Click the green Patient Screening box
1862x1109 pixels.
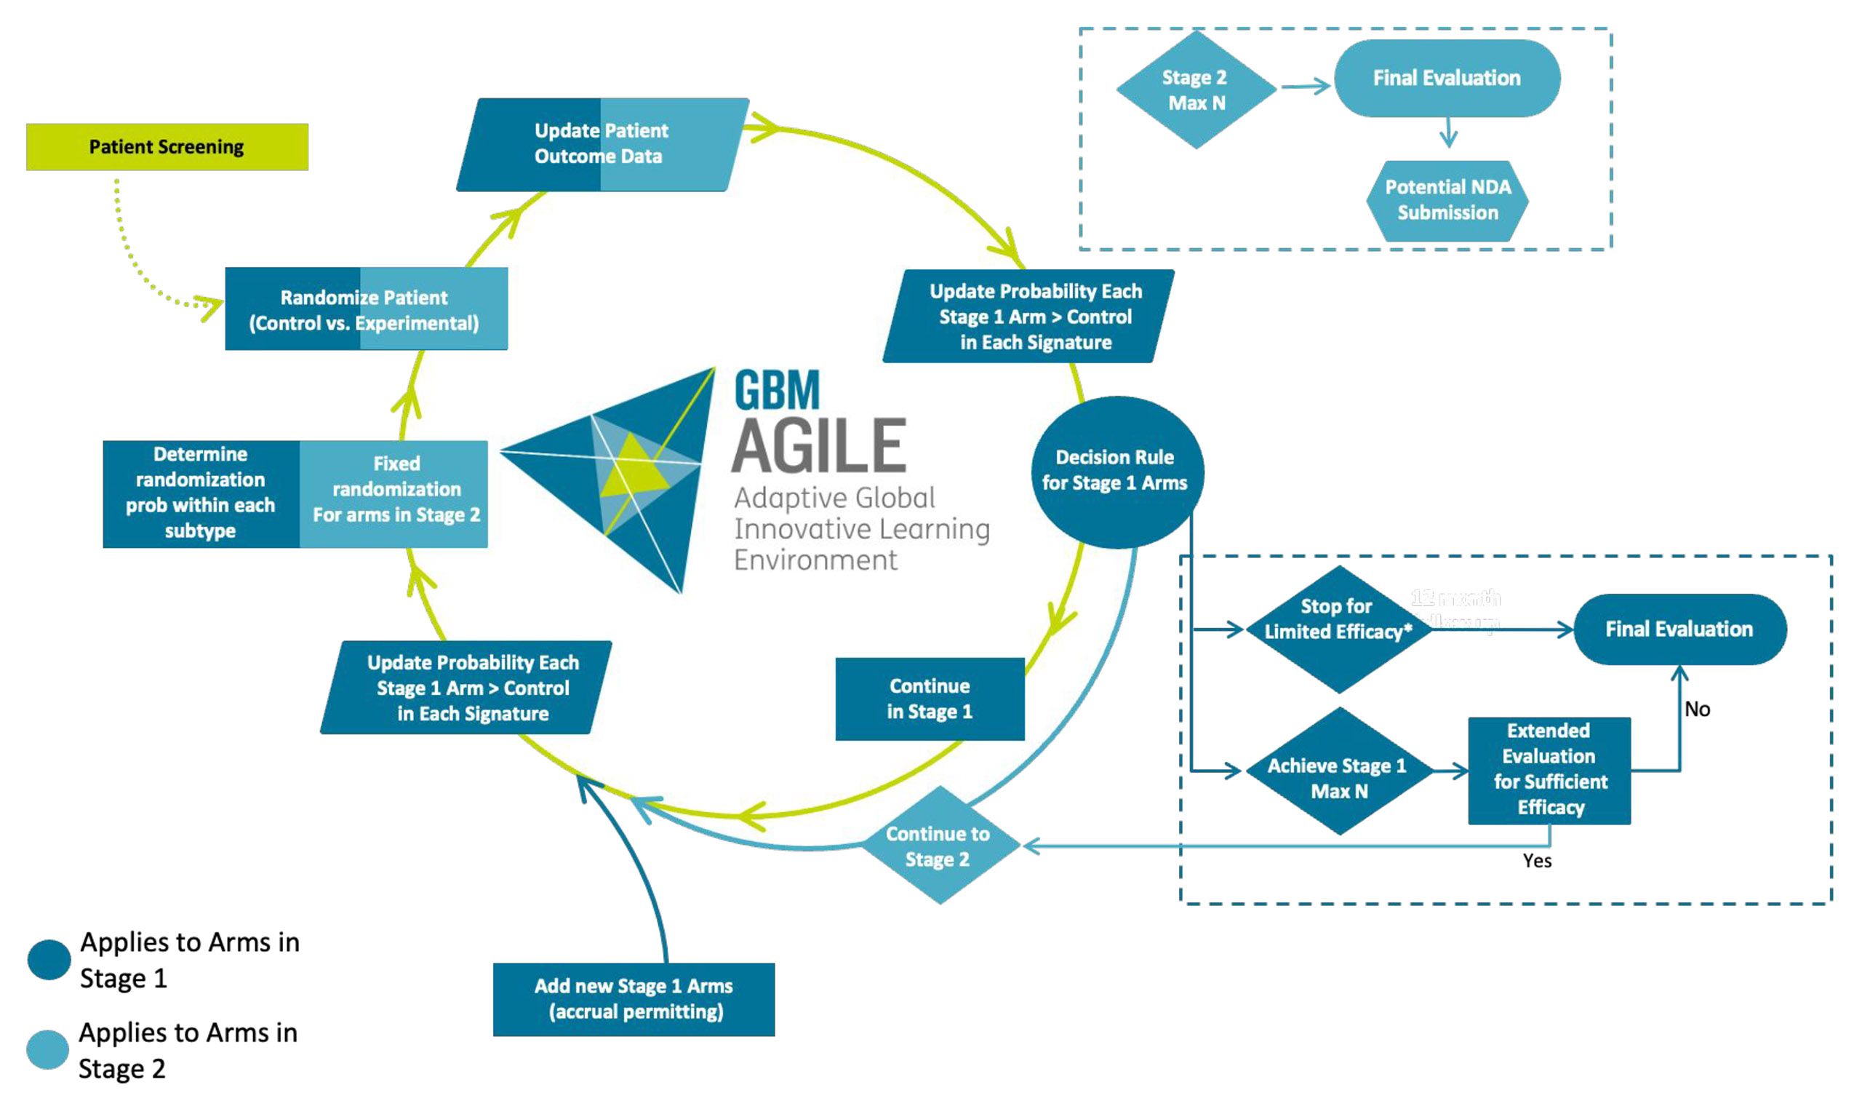(x=167, y=146)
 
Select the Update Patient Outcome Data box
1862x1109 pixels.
(x=602, y=143)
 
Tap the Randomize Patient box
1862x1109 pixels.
(x=365, y=309)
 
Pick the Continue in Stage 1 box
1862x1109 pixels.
(x=929, y=699)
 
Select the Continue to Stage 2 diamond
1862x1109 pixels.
(x=939, y=847)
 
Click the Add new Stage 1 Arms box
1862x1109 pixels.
(x=634, y=999)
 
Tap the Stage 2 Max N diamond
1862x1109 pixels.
(x=1196, y=90)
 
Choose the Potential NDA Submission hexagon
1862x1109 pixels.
(x=1447, y=200)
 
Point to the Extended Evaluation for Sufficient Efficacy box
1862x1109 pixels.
(x=1549, y=770)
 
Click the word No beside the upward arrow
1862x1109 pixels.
(x=1697, y=709)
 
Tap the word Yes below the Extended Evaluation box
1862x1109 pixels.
(x=1537, y=861)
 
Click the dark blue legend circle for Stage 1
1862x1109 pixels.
(x=49, y=960)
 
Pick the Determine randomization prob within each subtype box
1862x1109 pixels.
(x=201, y=493)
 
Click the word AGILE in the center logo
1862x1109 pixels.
(x=818, y=445)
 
